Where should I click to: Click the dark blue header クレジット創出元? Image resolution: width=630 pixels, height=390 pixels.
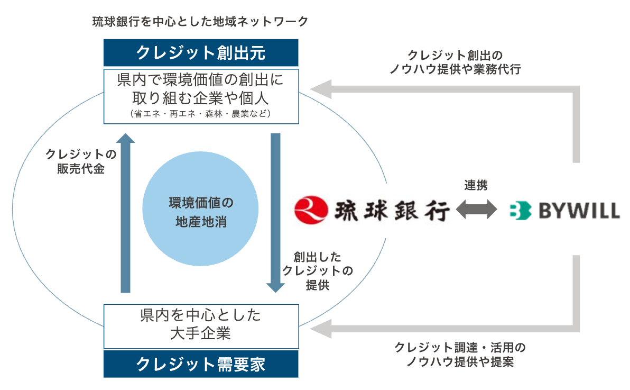tap(201, 53)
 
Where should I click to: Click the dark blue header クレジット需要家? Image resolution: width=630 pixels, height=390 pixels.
tap(201, 364)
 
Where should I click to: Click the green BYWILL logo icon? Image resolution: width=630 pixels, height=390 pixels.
tap(520, 211)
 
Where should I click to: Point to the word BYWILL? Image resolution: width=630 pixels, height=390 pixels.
tap(578, 211)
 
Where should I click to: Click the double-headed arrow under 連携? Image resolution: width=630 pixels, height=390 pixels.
tap(476, 210)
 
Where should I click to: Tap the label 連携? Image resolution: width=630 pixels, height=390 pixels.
tap(476, 185)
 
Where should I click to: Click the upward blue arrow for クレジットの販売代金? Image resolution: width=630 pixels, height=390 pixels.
tap(125, 212)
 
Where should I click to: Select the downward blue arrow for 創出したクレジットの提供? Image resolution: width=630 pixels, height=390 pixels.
tap(275, 212)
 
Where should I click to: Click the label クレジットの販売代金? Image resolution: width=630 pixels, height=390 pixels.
tap(81, 162)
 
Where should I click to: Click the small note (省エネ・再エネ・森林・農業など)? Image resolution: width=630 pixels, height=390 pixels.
tap(201, 113)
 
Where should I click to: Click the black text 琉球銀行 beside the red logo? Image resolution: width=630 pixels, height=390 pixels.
tap(392, 211)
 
